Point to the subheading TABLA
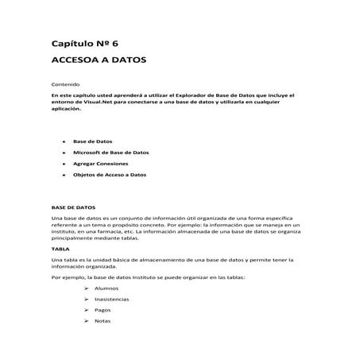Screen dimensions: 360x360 60,248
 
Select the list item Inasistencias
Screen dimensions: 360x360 110,299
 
